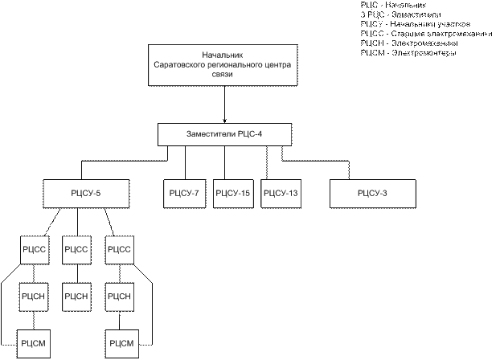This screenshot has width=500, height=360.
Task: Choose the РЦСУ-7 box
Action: pyautogui.click(x=185, y=193)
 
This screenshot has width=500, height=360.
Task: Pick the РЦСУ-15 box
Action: pyautogui.click(x=233, y=193)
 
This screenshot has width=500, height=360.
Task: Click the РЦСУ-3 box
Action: pyautogui.click(x=371, y=193)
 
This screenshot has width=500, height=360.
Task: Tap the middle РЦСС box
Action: pyautogui.click(x=76, y=249)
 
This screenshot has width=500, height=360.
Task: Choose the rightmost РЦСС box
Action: pyautogui.click(x=118, y=249)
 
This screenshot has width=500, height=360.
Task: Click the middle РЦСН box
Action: pyautogui.click(x=76, y=297)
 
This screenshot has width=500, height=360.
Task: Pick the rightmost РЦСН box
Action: pyautogui.click(x=118, y=297)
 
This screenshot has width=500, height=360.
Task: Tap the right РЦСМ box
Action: pyautogui.click(x=118, y=343)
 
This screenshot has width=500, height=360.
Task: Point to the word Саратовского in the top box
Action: pyautogui.click(x=185, y=63)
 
